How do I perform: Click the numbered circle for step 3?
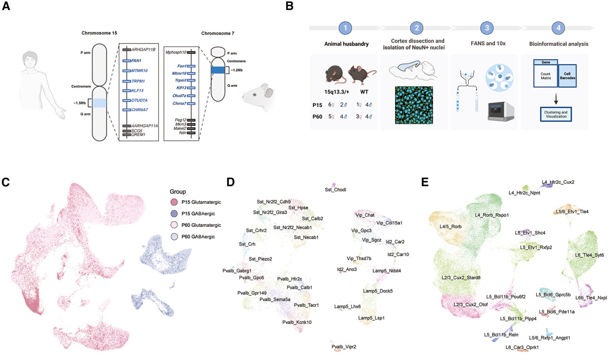tap(487, 28)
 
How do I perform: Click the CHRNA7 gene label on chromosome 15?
tap(139, 110)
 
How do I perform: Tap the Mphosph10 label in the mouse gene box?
tap(176, 52)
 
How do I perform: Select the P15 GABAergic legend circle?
tap(174, 214)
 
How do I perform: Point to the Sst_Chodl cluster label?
tap(335, 190)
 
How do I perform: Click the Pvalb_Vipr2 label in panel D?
tap(344, 347)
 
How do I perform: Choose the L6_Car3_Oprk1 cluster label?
tap(522, 347)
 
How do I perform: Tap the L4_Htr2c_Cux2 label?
tap(558, 182)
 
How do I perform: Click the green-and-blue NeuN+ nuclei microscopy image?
tap(414, 105)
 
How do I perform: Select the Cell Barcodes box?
tap(567, 76)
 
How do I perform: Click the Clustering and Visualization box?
tap(556, 114)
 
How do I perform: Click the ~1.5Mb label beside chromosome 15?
tap(80, 103)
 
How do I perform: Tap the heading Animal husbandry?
tap(346, 44)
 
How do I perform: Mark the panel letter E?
tap(425, 182)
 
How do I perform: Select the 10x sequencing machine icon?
tap(501, 112)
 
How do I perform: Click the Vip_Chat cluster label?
tap(365, 215)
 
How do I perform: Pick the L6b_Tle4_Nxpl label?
tap(591, 297)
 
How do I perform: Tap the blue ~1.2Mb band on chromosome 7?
tap(218, 70)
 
